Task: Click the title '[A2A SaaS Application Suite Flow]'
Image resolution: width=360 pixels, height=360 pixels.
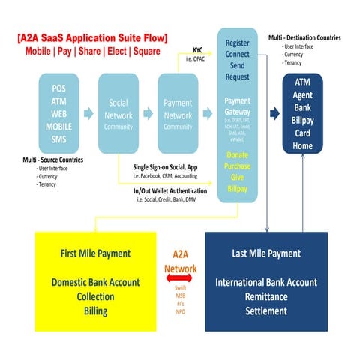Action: tap(92, 37)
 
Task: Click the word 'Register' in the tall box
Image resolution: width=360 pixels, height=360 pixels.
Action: tap(237, 43)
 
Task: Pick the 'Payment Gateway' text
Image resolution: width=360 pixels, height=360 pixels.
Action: tap(237, 106)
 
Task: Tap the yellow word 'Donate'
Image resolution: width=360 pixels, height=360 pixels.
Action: tap(237, 154)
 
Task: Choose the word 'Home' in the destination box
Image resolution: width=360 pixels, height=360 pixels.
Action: tap(304, 145)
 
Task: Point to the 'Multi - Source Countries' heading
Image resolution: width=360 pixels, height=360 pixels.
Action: tap(52, 160)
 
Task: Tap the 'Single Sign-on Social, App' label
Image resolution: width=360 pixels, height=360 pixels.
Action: tap(165, 166)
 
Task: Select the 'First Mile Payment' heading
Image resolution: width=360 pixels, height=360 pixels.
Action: tap(94, 253)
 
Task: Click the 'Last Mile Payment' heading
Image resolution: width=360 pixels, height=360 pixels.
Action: tap(266, 253)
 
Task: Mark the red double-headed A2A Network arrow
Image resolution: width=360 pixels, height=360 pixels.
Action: tap(180, 278)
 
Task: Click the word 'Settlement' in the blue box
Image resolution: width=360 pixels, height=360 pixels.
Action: tap(266, 310)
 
